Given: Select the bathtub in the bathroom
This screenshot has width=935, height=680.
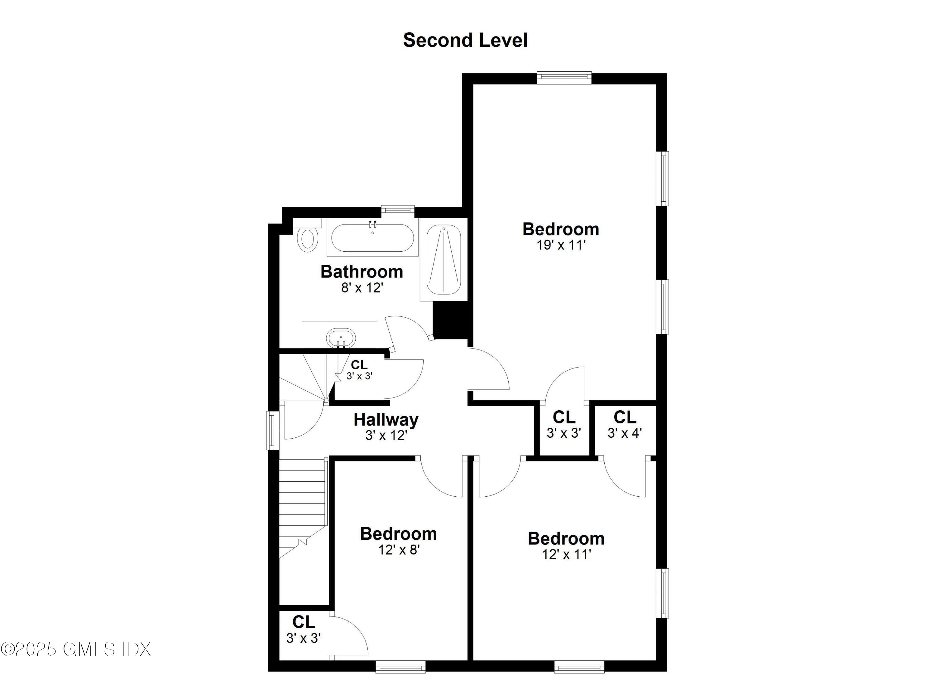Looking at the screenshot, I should pyautogui.click(x=372, y=238).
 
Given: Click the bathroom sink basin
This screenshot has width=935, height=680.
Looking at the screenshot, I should pyautogui.click(x=341, y=339).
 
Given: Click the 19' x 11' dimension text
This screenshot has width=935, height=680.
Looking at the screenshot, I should pyautogui.click(x=561, y=245).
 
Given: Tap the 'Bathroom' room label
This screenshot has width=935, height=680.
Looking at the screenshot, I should pyautogui.click(x=362, y=272).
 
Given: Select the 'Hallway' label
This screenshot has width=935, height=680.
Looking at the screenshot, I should pyautogui.click(x=386, y=419).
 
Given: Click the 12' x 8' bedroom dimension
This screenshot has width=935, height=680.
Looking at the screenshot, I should pyautogui.click(x=399, y=550).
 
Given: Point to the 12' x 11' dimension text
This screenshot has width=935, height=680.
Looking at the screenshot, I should pyautogui.click(x=566, y=554).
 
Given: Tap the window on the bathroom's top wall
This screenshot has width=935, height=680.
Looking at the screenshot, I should pyautogui.click(x=397, y=210).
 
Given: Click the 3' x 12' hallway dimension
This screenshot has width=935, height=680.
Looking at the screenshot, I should pyautogui.click(x=386, y=435).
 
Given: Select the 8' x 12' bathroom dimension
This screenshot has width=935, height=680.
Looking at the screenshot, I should pyautogui.click(x=362, y=288).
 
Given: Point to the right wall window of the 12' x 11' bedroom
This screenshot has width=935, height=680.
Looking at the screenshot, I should pyautogui.click(x=663, y=593).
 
